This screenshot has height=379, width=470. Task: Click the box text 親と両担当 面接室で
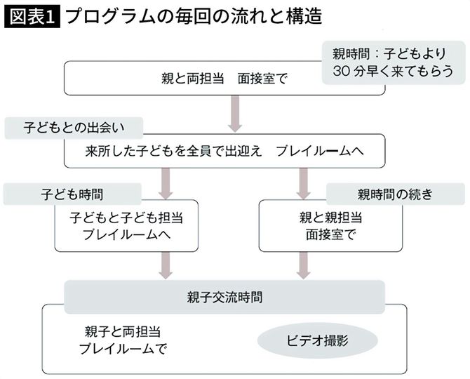tap(224, 79)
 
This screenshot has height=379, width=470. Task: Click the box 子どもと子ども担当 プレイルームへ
tap(126, 225)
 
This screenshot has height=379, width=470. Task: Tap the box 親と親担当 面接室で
tap(330, 225)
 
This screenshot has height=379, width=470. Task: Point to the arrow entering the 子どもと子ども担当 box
tap(166, 184)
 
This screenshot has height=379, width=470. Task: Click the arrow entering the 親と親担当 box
tap(303, 184)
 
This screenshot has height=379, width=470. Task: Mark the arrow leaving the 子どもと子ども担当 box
tap(166, 265)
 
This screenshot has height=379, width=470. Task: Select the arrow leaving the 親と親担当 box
tap(303, 265)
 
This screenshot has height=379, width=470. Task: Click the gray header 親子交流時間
tap(224, 297)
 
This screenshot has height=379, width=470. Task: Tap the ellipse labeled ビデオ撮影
tap(318, 341)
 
